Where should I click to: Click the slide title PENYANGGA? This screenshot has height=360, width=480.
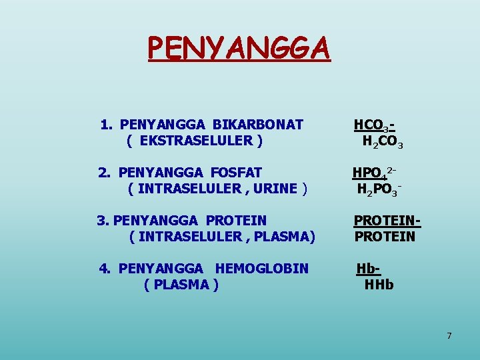pos(239,48)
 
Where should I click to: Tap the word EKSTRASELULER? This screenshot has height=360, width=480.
pos(196,141)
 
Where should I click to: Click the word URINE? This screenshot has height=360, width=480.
pos(275,189)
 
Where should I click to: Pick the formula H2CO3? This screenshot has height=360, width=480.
pos(383,141)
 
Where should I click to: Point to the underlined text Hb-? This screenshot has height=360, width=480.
pos(368,269)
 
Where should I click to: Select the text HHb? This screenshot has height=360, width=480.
pos(379,285)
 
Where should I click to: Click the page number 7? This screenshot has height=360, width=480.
pos(449,335)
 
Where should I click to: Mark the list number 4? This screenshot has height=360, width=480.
pos(105,269)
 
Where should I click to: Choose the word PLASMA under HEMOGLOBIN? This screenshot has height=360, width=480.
pos(181,285)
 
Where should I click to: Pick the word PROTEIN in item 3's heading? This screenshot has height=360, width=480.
pos(236,221)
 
